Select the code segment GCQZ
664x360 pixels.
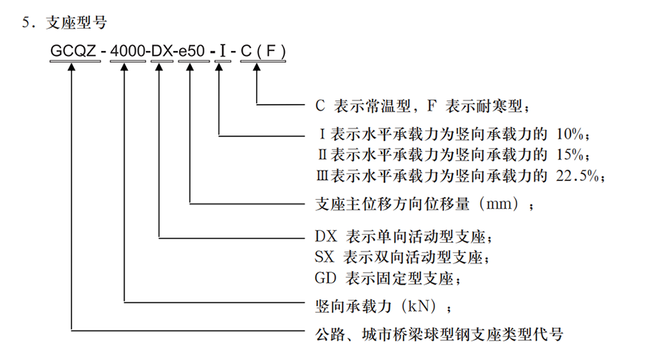(72, 52)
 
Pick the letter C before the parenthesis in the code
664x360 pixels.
(243, 52)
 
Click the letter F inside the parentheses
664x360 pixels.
(270, 52)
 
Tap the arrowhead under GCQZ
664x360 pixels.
(72, 68)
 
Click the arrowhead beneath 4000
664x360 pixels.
(125, 68)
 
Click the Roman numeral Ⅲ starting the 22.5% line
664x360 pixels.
(319, 176)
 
